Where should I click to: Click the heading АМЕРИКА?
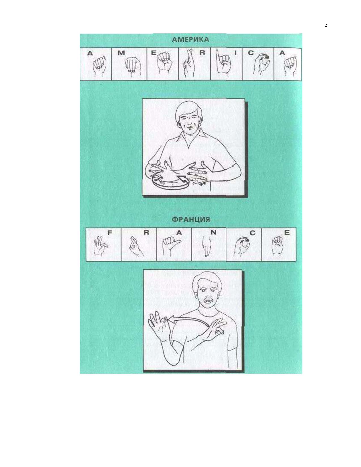pyautogui.click(x=191, y=40)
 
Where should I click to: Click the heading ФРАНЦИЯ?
pyautogui.click(x=191, y=219)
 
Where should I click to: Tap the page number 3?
pyautogui.click(x=326, y=25)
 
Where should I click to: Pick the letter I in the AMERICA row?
pyautogui.click(x=235, y=53)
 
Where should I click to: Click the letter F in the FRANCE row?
pyautogui.click(x=110, y=233)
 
